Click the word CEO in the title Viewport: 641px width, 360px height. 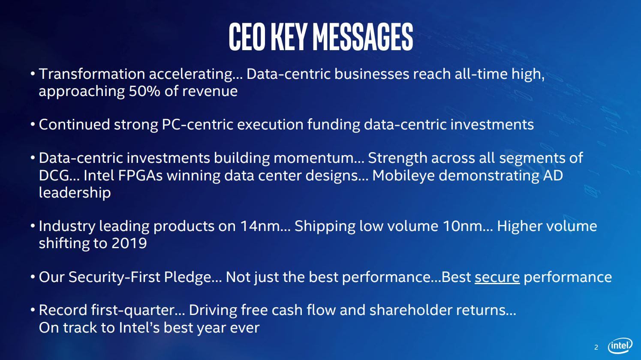point(247,37)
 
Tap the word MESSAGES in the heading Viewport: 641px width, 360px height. point(363,37)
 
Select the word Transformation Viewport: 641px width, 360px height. point(92,74)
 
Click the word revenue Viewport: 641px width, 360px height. point(210,92)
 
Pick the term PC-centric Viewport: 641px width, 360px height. point(198,125)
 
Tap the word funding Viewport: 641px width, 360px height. point(334,125)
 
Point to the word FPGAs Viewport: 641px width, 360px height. point(140,175)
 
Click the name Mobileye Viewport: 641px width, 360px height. point(403,176)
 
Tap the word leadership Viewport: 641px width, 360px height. point(75,192)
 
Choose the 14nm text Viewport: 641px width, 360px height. point(259,226)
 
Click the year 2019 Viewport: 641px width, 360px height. point(129,243)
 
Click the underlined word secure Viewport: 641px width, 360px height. point(497,277)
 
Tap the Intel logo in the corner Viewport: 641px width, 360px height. point(620,346)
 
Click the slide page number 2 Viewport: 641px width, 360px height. point(596,348)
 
